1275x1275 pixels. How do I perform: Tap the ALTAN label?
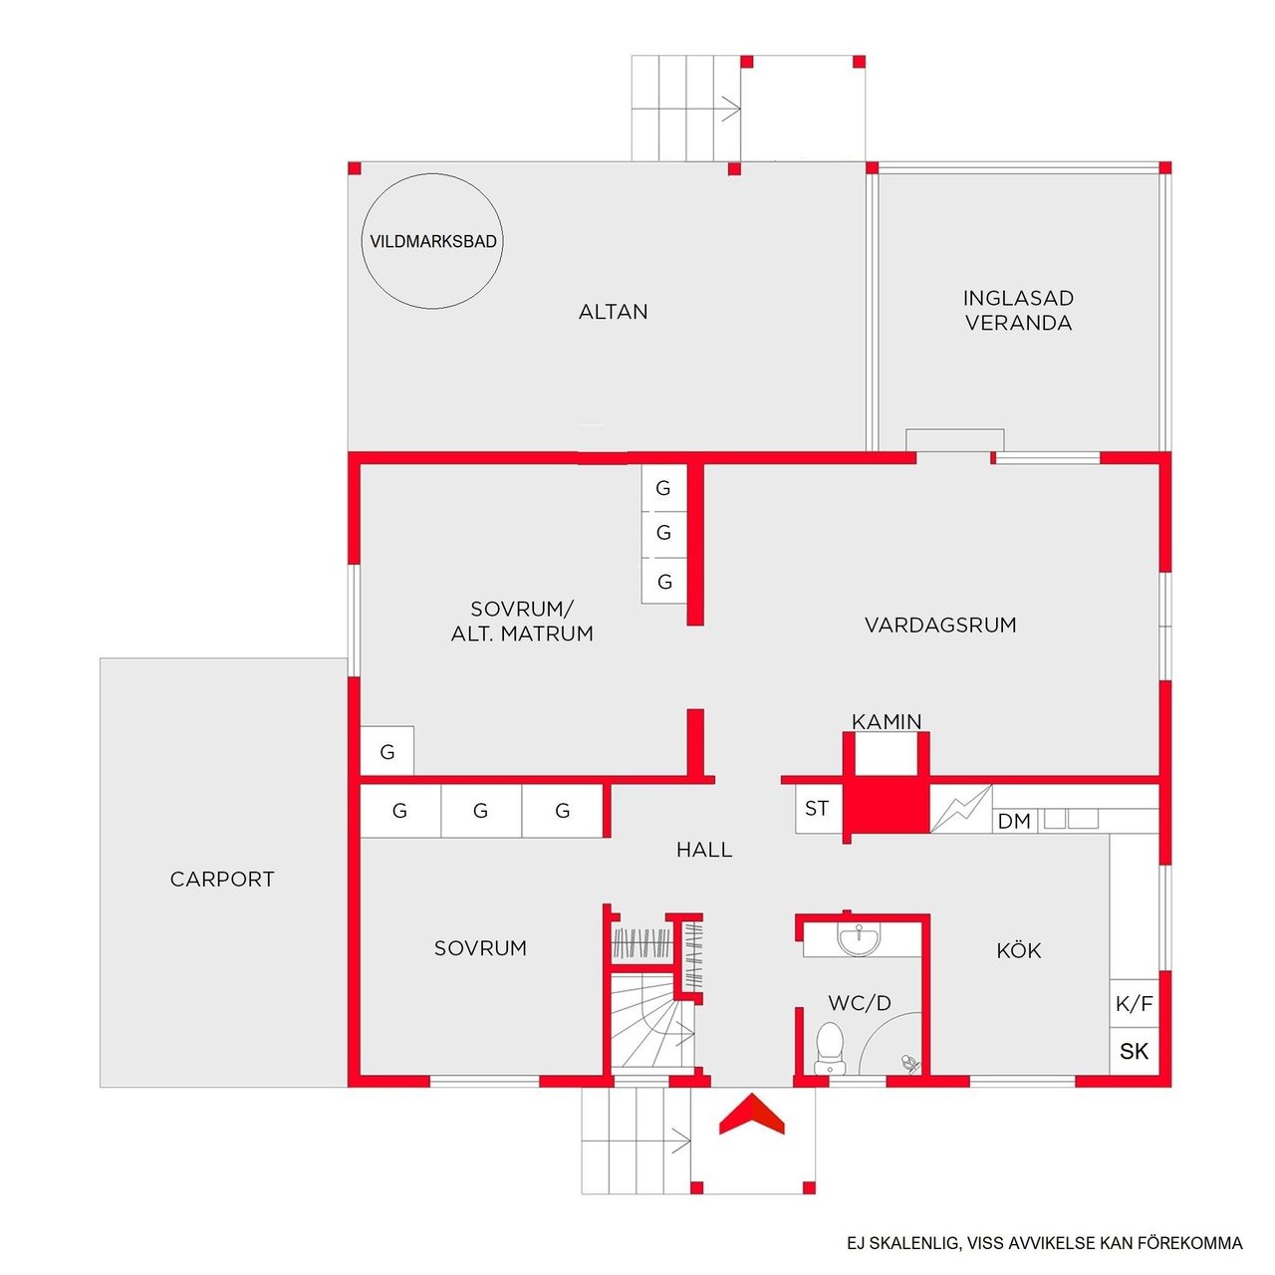pos(613,312)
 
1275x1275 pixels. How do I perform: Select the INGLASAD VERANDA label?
pos(1018,311)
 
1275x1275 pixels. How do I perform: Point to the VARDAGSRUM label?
pos(940,625)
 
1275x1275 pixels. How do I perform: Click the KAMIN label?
pos(886,721)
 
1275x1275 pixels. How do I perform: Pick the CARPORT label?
pos(222,879)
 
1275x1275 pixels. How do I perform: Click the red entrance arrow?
pos(751,1115)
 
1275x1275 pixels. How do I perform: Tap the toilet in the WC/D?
pos(829,1047)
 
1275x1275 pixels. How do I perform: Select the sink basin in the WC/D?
pos(859,938)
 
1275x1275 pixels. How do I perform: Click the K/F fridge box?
pos(1134,1004)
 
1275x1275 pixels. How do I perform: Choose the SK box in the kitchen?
pos(1134,1051)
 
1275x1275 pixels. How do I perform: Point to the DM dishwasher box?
pos(1014,821)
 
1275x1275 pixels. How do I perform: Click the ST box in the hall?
pos(818,809)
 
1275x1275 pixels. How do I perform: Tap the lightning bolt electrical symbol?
pos(960,809)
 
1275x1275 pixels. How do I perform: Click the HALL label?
pos(704,850)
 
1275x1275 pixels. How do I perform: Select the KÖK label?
pos(1018,951)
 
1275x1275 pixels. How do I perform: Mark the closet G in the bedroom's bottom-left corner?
pos(387,751)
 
